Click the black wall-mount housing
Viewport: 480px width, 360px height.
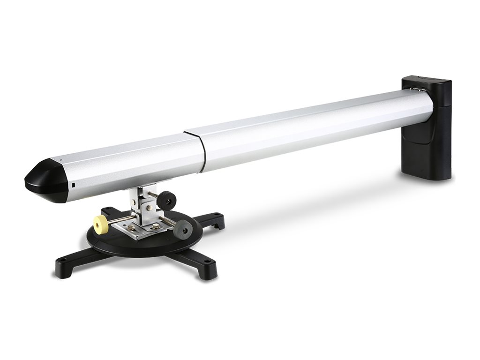[427, 136]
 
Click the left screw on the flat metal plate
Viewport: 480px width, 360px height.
[133, 228]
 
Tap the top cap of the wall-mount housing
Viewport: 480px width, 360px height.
[426, 80]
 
